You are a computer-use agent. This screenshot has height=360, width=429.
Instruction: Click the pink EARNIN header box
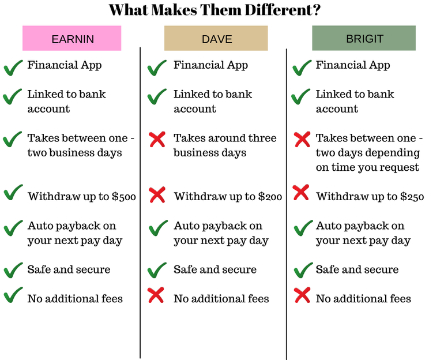click(71, 38)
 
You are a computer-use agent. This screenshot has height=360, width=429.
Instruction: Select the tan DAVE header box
click(216, 38)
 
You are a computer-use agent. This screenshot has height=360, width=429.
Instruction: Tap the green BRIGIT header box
click(364, 38)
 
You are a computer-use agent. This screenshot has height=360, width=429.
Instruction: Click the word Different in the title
click(283, 10)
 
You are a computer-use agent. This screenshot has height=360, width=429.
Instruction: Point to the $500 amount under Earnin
click(123, 197)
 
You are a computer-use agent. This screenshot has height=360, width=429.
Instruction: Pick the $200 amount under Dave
click(270, 197)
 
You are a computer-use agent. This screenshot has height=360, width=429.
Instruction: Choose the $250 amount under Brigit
click(412, 197)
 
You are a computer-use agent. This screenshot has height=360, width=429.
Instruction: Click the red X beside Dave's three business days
click(157, 140)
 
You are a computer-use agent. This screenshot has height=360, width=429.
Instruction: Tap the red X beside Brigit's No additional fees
click(302, 295)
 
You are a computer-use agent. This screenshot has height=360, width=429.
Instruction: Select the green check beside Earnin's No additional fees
click(13, 295)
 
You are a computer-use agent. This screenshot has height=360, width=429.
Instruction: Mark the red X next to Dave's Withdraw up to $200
click(157, 194)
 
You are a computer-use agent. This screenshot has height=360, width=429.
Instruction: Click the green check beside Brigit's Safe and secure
click(303, 270)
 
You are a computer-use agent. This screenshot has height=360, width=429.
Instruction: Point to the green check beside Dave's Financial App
click(157, 67)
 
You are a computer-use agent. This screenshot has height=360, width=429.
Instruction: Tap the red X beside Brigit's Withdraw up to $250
click(300, 193)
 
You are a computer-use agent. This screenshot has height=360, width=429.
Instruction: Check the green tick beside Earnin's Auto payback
click(13, 228)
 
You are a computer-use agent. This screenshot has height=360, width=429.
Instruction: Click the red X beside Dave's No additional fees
click(156, 295)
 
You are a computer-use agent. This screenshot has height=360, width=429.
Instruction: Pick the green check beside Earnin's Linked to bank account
click(12, 97)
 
